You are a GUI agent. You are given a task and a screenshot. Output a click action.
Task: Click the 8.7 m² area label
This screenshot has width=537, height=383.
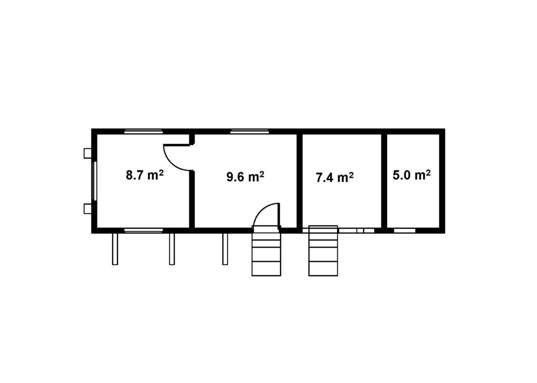pyautogui.click(x=145, y=175)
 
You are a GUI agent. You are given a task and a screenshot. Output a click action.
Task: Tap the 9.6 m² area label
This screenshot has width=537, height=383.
pyautogui.click(x=245, y=177)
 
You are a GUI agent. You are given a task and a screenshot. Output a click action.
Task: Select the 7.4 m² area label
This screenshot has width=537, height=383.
pyautogui.click(x=335, y=177)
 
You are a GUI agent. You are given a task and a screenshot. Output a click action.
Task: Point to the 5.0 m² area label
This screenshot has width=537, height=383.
pyautogui.click(x=411, y=175)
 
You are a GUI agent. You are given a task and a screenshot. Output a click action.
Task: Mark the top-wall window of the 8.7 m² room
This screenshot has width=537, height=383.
pyautogui.click(x=143, y=131)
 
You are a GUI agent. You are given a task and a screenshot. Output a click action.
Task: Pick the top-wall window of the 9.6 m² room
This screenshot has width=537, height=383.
pyautogui.click(x=249, y=131)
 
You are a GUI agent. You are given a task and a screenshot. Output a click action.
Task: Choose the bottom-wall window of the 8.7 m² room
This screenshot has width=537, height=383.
pyautogui.click(x=143, y=230)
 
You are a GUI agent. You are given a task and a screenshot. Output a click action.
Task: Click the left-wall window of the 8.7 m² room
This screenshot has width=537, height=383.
pyautogui.click(x=94, y=181)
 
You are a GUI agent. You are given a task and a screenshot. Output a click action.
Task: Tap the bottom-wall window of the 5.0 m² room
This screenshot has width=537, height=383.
pyautogui.click(x=404, y=230)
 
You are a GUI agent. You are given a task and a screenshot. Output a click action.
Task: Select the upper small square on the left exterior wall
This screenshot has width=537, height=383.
pyautogui.click(x=88, y=153)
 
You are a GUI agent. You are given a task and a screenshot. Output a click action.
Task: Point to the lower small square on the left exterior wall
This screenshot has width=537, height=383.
pyautogui.click(x=88, y=209)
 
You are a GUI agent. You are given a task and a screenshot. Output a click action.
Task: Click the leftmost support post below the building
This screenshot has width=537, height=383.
pyautogui.click(x=115, y=249)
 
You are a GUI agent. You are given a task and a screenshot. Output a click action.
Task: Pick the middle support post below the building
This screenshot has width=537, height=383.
pyautogui.click(x=172, y=249)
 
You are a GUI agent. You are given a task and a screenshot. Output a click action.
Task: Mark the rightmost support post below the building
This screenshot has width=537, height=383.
pyautogui.click(x=225, y=249)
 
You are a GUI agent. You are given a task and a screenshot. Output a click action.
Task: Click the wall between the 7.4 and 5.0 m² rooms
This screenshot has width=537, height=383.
pyautogui.click(x=384, y=181)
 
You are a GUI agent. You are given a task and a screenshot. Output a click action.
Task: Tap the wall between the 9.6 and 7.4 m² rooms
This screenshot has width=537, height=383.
pyautogui.click(x=299, y=181)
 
